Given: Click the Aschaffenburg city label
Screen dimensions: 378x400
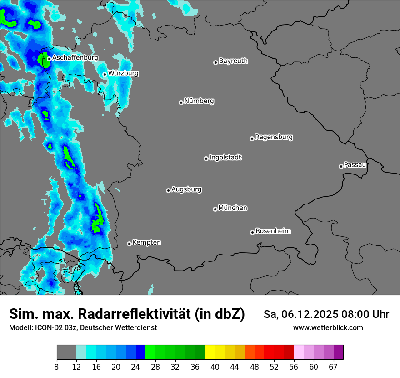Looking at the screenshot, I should point(75,58).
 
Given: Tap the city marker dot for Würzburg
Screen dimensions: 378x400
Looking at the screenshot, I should point(105,74).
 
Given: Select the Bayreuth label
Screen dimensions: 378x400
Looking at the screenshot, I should point(233,61).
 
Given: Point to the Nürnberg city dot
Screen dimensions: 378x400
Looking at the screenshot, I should point(181,102).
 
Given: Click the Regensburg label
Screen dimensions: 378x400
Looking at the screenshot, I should point(274,137).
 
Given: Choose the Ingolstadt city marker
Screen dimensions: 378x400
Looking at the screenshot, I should point(206,158).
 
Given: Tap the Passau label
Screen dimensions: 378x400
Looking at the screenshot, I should point(355,164).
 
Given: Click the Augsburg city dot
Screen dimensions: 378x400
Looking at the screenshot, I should point(168,190).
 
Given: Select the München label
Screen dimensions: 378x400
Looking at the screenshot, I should point(233,208).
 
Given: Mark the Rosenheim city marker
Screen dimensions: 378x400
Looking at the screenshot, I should point(252,232).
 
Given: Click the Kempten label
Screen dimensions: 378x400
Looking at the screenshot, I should point(146,242).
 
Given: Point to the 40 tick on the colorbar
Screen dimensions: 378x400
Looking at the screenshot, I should point(215,366).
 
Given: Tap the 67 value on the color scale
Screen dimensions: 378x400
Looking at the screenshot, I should point(333,366).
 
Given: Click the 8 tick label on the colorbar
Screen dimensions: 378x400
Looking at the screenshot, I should point(57,366).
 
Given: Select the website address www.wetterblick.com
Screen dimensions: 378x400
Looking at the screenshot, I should point(328,327).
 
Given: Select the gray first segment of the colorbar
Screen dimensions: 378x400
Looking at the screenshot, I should point(66,352).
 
